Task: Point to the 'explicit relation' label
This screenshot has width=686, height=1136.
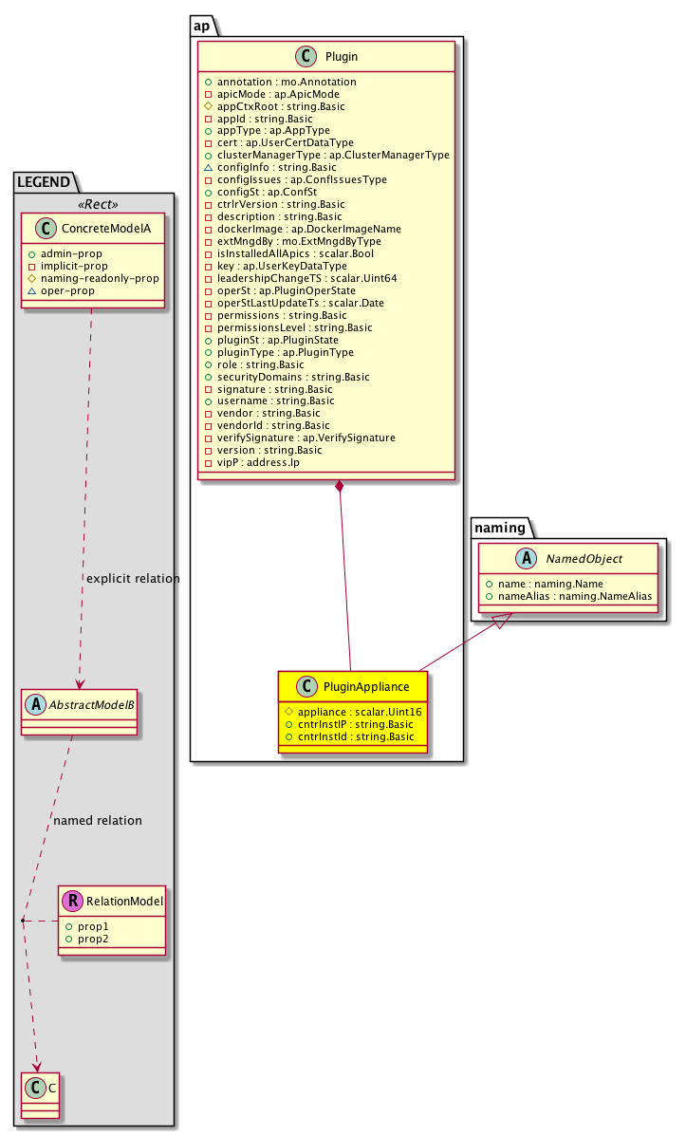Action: pyautogui.click(x=132, y=579)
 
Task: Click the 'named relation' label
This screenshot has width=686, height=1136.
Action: pyautogui.click(x=98, y=820)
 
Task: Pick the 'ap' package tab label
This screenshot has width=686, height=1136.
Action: pyautogui.click(x=202, y=26)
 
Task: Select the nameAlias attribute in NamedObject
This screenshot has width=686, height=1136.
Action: pyautogui.click(x=573, y=597)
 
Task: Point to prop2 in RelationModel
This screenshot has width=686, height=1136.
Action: pyautogui.click(x=94, y=939)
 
